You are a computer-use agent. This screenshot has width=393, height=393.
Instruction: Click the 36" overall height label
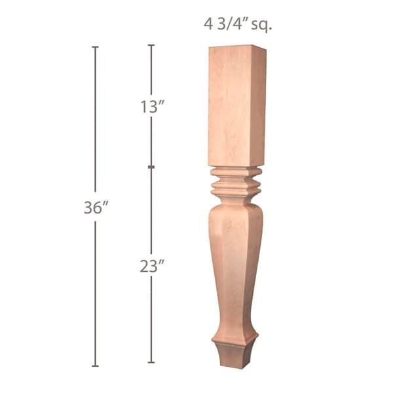click(95, 208)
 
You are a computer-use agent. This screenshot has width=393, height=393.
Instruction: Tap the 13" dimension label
click(151, 107)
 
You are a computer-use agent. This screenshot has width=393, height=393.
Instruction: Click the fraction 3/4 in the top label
click(227, 25)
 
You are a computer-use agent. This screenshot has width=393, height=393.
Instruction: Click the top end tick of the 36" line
click(95, 47)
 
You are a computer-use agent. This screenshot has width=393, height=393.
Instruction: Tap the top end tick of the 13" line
click(151, 45)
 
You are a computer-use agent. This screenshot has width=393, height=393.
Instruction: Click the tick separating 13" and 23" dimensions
click(151, 168)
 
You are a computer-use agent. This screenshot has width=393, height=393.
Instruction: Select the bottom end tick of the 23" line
click(151, 362)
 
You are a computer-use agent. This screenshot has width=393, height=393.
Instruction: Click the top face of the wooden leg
click(237, 47)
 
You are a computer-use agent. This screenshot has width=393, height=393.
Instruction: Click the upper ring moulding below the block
click(235, 174)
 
